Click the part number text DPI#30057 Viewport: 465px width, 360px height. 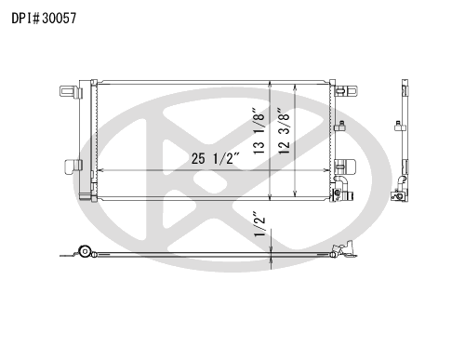[x=44, y=19]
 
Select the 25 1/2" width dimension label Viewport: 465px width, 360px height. [x=216, y=158]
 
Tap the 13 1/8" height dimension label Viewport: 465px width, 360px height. [x=259, y=131]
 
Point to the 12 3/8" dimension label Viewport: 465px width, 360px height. [x=284, y=131]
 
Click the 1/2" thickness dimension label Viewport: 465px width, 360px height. [x=259, y=224]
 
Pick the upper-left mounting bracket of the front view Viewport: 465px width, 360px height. [x=71, y=92]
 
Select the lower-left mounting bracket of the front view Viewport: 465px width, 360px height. [x=73, y=167]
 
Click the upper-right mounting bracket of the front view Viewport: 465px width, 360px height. [x=346, y=90]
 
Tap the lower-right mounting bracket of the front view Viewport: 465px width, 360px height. [x=345, y=167]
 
